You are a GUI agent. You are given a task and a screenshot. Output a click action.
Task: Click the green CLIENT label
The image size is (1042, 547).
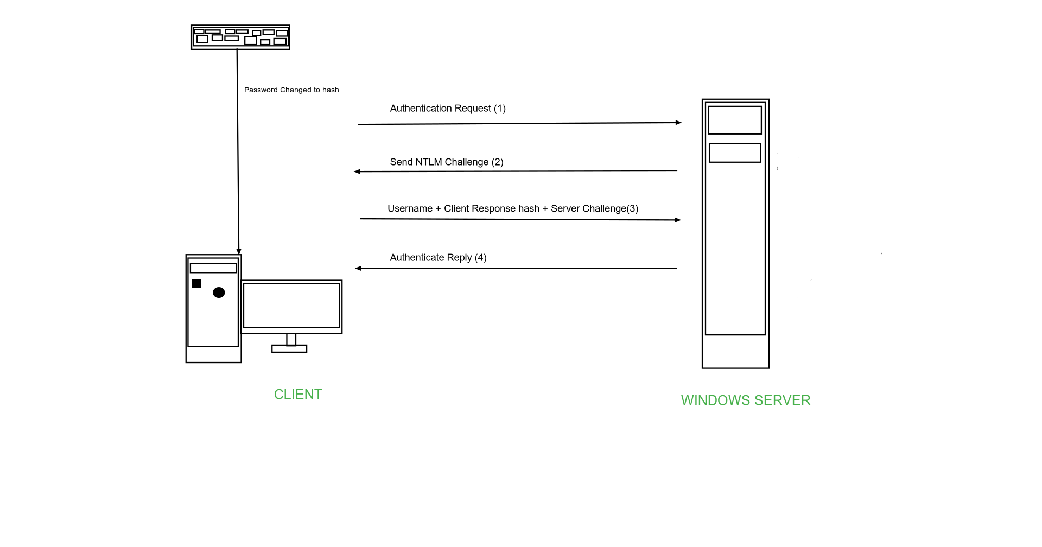tap(298, 395)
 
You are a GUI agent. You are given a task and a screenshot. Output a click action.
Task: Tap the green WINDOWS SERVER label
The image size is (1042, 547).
tap(746, 400)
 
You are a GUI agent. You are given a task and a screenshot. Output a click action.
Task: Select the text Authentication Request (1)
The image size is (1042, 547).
tap(448, 109)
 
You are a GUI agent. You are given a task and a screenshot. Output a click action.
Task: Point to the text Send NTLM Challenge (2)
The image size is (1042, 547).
tap(447, 162)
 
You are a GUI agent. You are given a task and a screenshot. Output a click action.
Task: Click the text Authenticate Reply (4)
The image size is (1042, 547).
tap(438, 258)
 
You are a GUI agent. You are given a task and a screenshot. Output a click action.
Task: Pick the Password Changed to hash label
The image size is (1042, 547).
tap(291, 90)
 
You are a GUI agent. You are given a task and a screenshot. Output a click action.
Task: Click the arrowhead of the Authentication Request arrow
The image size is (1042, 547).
tap(678, 123)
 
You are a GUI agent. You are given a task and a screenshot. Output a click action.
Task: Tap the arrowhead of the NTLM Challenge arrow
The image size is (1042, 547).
tap(357, 171)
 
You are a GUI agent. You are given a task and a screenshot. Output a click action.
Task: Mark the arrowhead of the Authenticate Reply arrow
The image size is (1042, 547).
tap(358, 268)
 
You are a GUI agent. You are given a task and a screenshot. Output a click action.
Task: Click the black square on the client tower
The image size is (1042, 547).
tap(196, 283)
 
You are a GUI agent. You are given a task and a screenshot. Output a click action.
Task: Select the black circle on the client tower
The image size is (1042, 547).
tap(219, 292)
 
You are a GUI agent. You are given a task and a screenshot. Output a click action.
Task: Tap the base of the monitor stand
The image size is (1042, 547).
tap(289, 349)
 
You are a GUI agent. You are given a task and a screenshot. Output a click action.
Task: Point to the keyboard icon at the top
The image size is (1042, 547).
tap(240, 37)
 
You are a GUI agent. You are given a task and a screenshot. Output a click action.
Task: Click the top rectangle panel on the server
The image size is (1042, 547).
tap(735, 120)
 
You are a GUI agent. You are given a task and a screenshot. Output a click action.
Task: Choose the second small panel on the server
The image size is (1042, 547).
tap(735, 152)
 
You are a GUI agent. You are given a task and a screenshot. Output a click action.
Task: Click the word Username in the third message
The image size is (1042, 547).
tap(410, 209)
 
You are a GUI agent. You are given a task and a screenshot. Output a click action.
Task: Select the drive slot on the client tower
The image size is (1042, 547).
tap(213, 268)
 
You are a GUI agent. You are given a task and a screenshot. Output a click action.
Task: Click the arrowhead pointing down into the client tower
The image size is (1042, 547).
tap(239, 251)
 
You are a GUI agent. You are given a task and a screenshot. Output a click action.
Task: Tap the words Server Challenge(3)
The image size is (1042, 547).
tap(595, 209)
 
